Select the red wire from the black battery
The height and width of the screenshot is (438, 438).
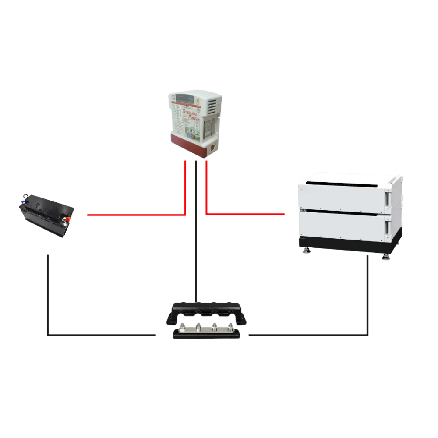(x=131, y=215)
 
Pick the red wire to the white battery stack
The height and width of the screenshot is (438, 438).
(x=245, y=214)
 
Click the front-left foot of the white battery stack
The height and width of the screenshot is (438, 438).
(x=305, y=252)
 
